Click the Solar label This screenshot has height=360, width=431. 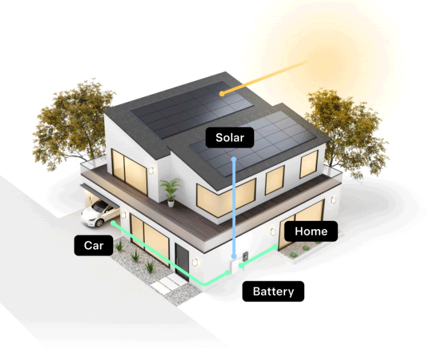click(230, 138)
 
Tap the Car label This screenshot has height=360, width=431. click(94, 246)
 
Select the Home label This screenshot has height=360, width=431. click(315, 231)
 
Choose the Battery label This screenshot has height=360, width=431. click(273, 291)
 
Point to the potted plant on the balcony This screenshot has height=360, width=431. click(171, 191)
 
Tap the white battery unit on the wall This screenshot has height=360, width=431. click(233, 266)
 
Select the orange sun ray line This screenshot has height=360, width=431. click(265, 77)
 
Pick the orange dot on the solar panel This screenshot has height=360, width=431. click(222, 93)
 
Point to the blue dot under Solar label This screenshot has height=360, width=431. click(234, 159)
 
